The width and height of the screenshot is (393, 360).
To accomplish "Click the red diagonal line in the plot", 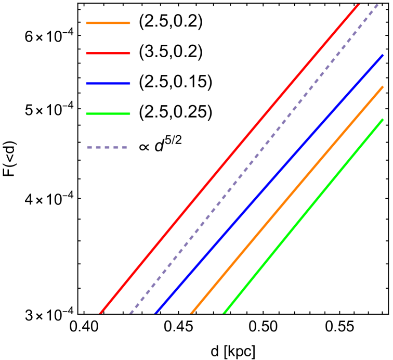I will click(x=229, y=159).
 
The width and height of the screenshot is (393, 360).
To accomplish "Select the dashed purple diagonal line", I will click(x=254, y=159).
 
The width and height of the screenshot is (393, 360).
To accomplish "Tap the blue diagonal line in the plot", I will click(x=269, y=184).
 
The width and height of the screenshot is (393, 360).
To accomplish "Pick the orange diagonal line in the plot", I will click(x=287, y=200).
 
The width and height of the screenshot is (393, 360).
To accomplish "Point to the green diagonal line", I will click(x=303, y=216).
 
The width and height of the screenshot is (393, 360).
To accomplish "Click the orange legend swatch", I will click(x=108, y=23).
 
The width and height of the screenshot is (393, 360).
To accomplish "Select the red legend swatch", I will click(x=108, y=54).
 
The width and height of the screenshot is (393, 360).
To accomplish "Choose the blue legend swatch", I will click(x=108, y=84).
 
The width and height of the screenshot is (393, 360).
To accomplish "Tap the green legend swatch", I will click(x=108, y=114).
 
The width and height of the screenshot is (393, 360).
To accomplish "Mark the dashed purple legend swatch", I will click(x=107, y=148).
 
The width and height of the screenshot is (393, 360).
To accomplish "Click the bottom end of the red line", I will click(x=100, y=313).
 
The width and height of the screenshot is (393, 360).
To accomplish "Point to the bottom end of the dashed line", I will click(x=130, y=313).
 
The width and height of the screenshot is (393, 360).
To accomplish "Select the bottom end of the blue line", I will click(x=155, y=313).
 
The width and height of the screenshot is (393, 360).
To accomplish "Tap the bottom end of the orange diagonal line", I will click(x=191, y=313).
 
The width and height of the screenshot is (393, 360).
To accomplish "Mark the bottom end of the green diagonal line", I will click(x=224, y=313).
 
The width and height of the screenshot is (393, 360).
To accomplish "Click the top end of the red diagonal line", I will click(x=358, y=4).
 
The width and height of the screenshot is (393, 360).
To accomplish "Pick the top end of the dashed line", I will click(x=378, y=4).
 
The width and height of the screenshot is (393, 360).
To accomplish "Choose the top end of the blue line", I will click(x=383, y=55).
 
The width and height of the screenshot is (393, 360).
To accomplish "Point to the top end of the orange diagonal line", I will click(x=383, y=87).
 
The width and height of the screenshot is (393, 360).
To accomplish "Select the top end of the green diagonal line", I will click(x=383, y=120).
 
